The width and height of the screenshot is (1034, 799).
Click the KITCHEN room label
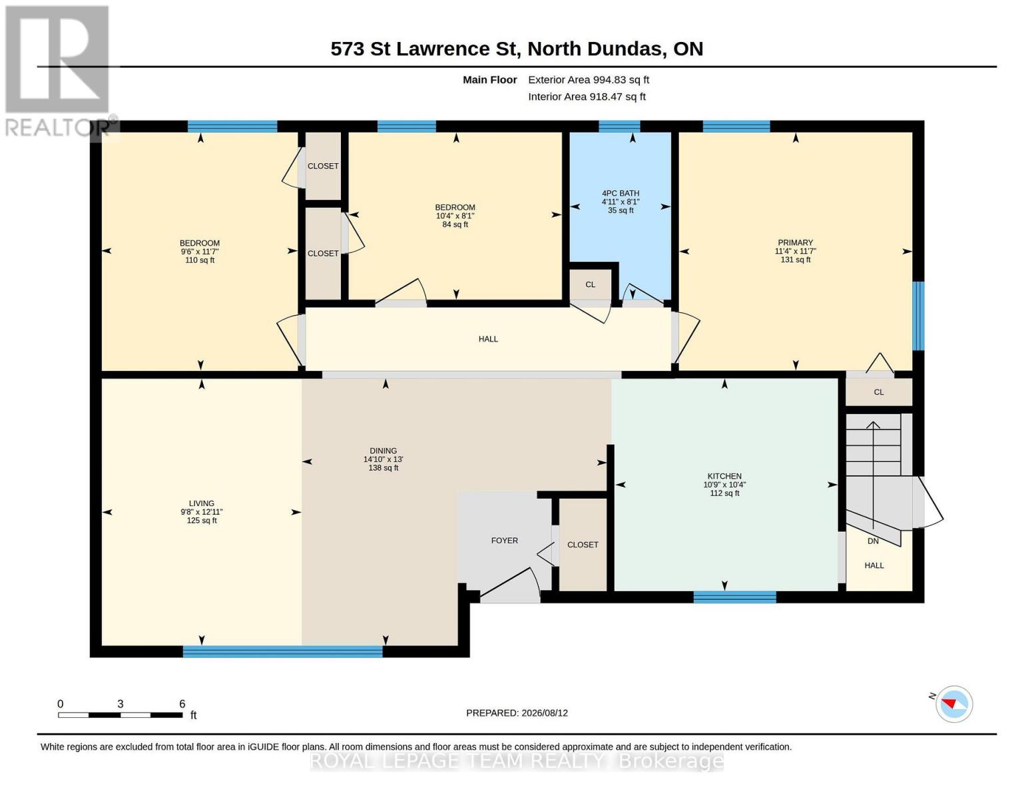click(x=724, y=476)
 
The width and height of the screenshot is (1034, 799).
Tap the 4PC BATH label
click(x=621, y=193)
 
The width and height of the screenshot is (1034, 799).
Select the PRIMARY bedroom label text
click(x=795, y=242)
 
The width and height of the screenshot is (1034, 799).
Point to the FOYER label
click(x=505, y=540)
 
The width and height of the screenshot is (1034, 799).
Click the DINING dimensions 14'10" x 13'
click(x=383, y=459)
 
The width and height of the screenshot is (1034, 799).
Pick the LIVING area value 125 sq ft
click(x=202, y=520)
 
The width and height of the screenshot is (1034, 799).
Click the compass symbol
click(x=953, y=704)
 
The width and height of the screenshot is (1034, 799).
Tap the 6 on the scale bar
click(x=182, y=703)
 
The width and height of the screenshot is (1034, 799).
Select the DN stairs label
click(x=873, y=541)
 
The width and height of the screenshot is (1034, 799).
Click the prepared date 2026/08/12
click(x=545, y=713)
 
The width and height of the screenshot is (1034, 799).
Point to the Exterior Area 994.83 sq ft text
click(x=589, y=80)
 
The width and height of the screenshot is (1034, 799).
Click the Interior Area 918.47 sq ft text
click(x=587, y=97)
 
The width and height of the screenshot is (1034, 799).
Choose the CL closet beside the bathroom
click(x=590, y=284)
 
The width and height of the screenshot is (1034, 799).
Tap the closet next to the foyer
click(x=583, y=545)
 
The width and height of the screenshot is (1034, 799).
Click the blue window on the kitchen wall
click(x=734, y=597)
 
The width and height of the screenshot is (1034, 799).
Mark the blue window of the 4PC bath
click(x=619, y=126)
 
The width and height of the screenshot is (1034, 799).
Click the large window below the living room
click(x=283, y=651)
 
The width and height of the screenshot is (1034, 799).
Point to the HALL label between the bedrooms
click(x=488, y=339)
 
